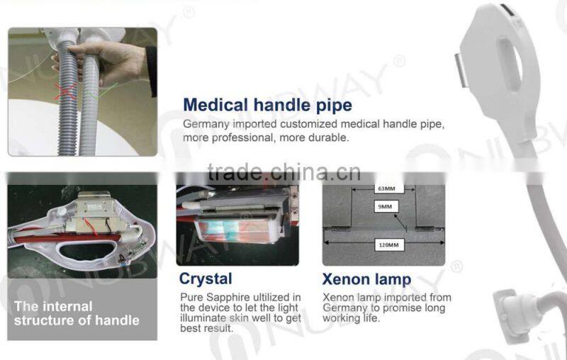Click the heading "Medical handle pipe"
tap(267, 106)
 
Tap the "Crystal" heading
tap(206, 279)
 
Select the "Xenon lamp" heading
tap(366, 279)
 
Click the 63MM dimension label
tap(386, 189)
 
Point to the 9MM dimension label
tap(386, 207)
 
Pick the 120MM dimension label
tap(386, 244)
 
